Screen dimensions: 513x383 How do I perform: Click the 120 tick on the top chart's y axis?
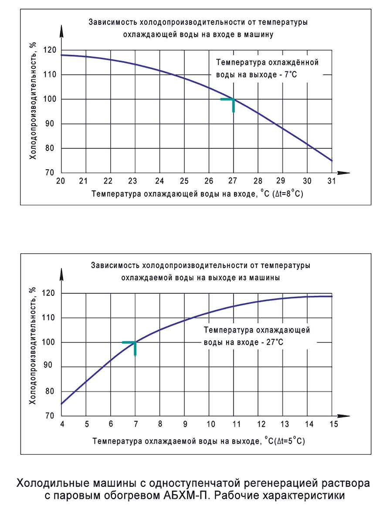(x=51, y=50)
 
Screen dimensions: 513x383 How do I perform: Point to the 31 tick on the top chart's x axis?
(x=332, y=181)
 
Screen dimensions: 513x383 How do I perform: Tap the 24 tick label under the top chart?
(x=159, y=181)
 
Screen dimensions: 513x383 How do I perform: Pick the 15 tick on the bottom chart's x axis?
(x=332, y=424)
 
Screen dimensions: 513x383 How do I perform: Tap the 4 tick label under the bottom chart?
(x=62, y=424)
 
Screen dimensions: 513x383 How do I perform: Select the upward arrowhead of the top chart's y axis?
(x=62, y=31)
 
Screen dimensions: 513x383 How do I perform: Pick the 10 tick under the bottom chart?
(x=211, y=424)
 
